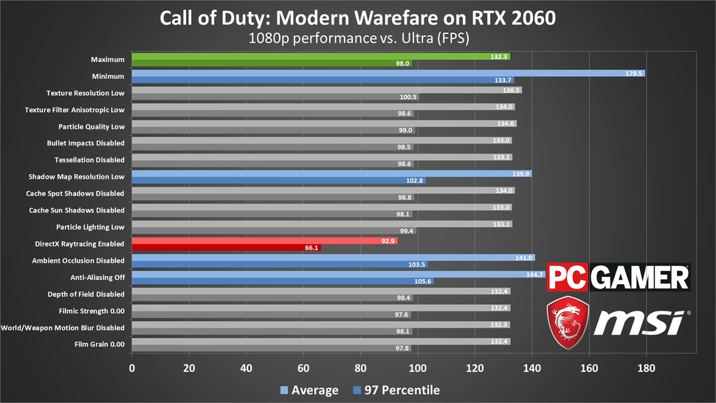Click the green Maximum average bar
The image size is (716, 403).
(317, 56)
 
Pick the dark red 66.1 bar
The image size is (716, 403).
(225, 249)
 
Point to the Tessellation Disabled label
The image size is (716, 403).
(89, 159)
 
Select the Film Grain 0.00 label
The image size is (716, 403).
(98, 345)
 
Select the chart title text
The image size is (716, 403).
(357, 15)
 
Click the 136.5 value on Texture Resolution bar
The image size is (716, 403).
(511, 90)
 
